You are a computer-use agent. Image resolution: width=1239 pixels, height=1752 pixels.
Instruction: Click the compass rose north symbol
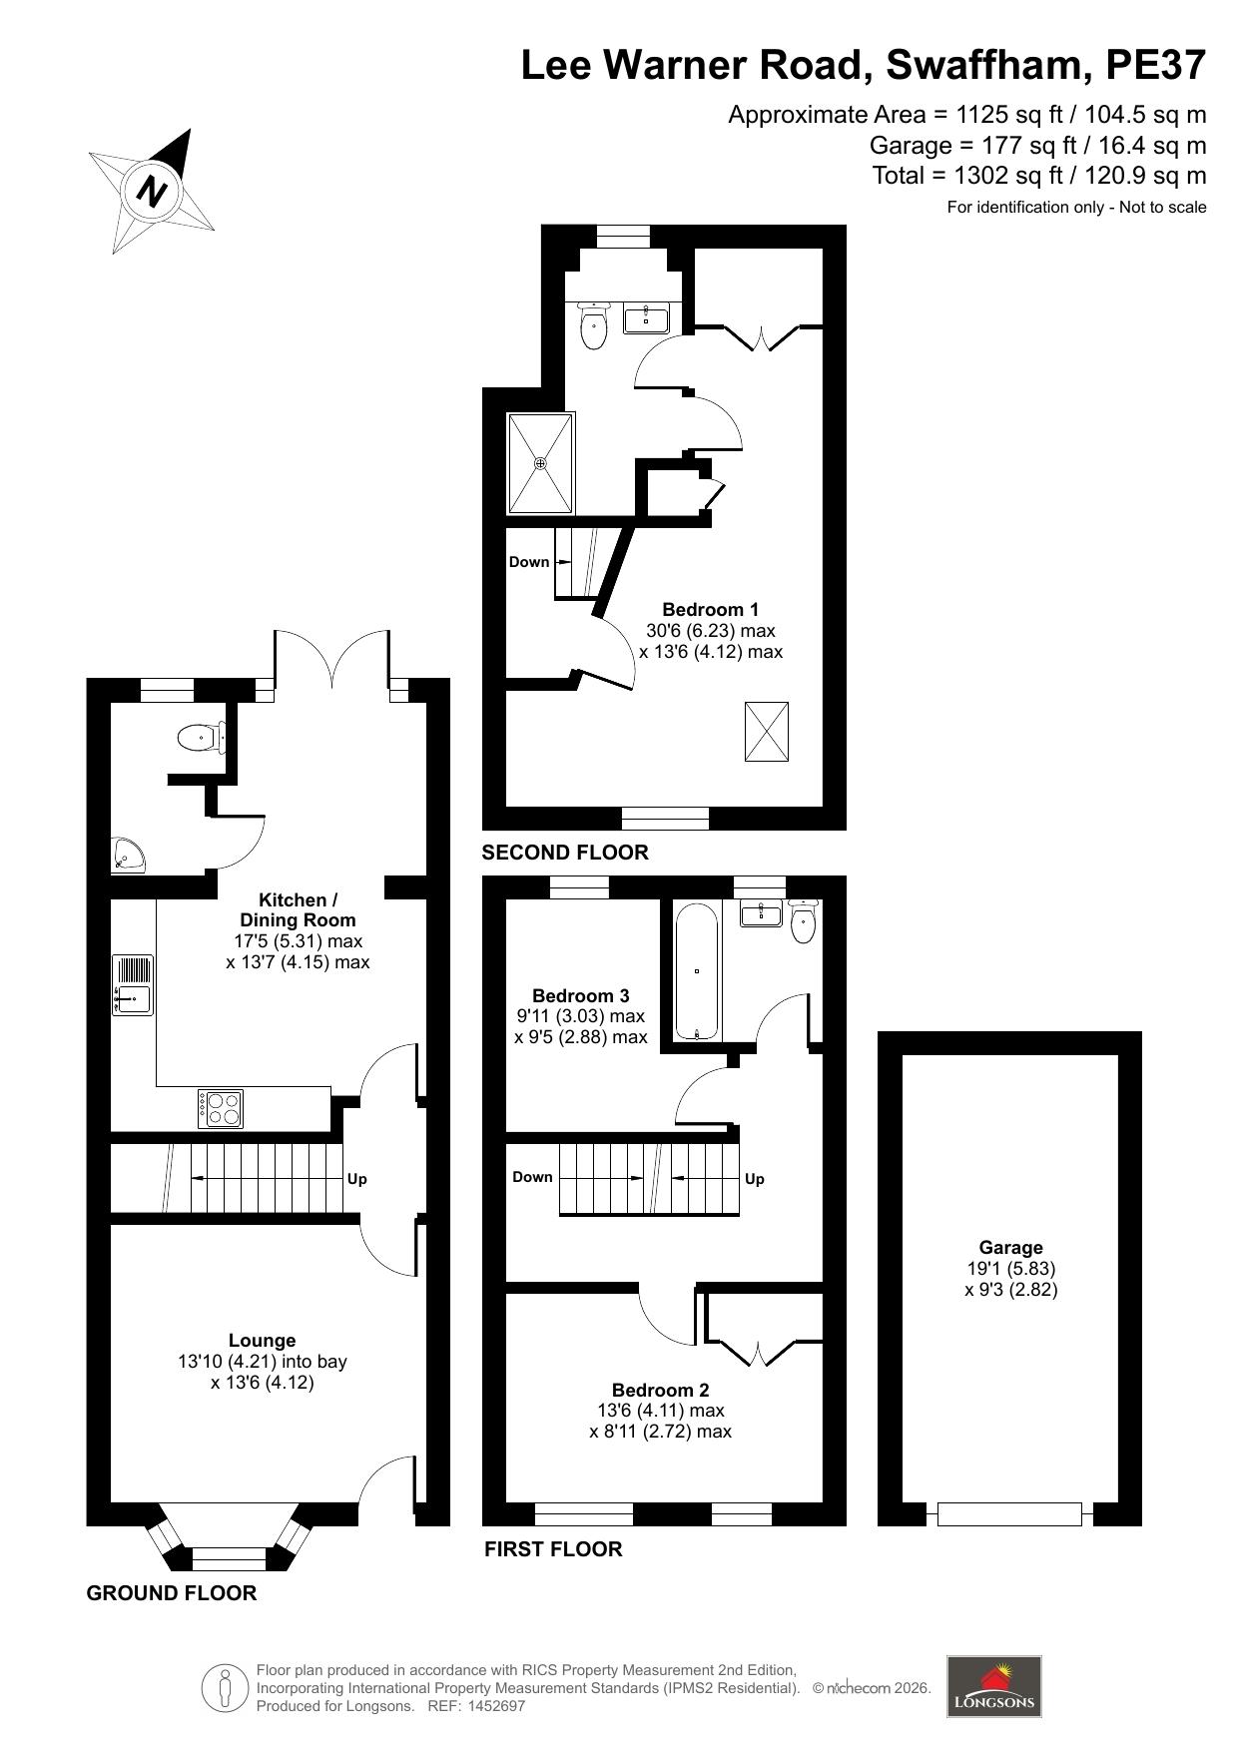point(153,190)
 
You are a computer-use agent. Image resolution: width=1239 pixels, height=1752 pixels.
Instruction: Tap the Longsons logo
point(993,1686)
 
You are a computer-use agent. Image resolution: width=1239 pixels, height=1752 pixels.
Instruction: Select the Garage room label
point(1010,1247)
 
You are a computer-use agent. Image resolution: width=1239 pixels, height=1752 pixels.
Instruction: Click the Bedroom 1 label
point(710,609)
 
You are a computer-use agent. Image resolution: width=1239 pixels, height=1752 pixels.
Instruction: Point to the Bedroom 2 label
point(660,1390)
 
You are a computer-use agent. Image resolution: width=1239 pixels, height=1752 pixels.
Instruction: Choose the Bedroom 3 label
point(580,995)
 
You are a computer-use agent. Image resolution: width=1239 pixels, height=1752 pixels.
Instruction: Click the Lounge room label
point(262,1341)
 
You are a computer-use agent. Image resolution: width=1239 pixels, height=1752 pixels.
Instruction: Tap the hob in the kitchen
point(222,1108)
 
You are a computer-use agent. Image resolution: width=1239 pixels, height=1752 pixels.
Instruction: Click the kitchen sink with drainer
point(132,985)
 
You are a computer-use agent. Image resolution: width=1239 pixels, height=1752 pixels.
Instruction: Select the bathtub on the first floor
point(696,971)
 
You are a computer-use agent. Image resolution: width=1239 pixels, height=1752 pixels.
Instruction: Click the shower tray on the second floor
point(541,462)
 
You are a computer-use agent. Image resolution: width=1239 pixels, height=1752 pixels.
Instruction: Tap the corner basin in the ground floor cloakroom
point(128,856)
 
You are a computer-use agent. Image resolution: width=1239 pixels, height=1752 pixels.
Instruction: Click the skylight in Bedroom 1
point(766,732)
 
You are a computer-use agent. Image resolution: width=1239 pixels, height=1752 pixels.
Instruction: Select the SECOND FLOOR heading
point(565,853)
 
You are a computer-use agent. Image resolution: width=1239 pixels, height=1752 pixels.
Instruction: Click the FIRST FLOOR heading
point(553,1549)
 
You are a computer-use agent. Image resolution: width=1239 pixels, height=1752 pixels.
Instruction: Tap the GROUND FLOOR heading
point(172,1593)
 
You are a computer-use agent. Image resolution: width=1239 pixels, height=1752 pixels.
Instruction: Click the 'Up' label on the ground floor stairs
point(356,1179)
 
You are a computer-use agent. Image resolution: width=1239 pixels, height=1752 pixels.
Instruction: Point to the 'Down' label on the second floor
point(529,562)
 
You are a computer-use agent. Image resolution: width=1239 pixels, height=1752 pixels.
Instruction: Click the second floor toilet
point(594,326)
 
